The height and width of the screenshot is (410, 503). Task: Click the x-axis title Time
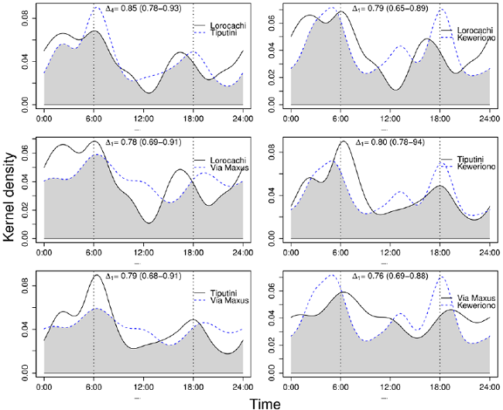[x=266, y=402]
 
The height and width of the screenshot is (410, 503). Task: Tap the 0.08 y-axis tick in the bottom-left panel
[x=27, y=284]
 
